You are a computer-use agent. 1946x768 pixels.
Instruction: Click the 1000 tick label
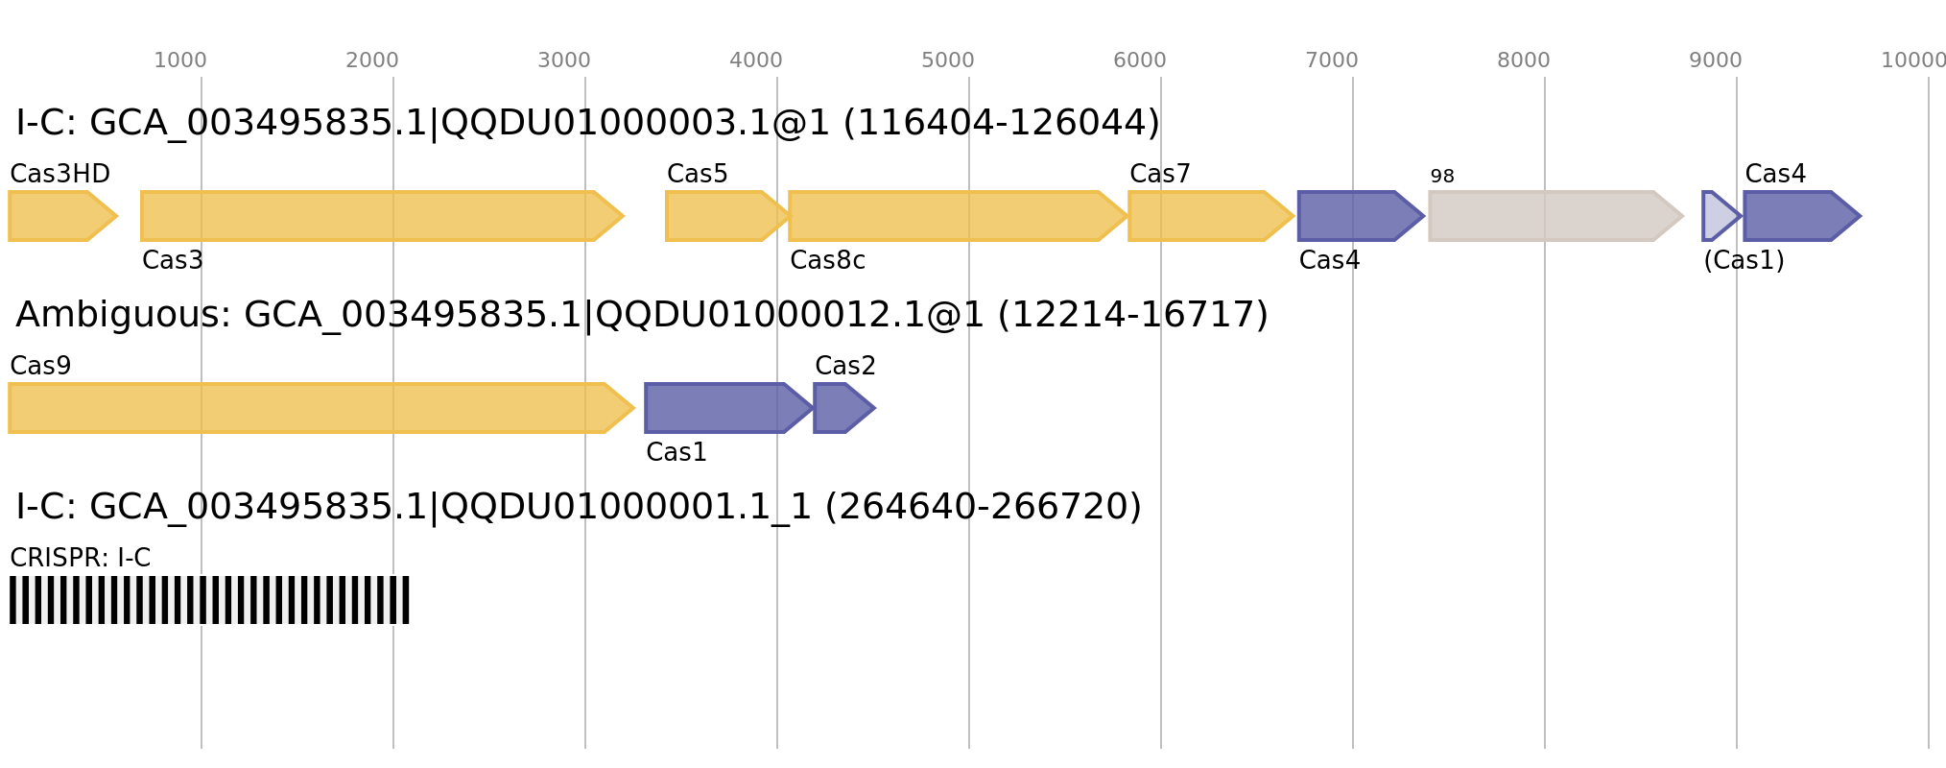click(180, 60)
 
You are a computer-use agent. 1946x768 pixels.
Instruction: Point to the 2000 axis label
click(372, 60)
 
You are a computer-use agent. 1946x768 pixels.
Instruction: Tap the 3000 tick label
click(564, 60)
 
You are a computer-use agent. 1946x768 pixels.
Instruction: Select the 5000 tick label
click(948, 60)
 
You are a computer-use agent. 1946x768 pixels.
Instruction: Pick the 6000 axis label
click(1140, 60)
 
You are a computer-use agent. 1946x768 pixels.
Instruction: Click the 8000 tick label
click(1524, 60)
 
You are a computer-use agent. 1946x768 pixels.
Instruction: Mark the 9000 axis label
click(1716, 60)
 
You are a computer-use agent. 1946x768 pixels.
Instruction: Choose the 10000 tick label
click(1913, 60)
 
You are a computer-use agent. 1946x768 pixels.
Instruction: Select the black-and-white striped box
click(209, 600)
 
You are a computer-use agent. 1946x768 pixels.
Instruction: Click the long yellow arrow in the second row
click(317, 408)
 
